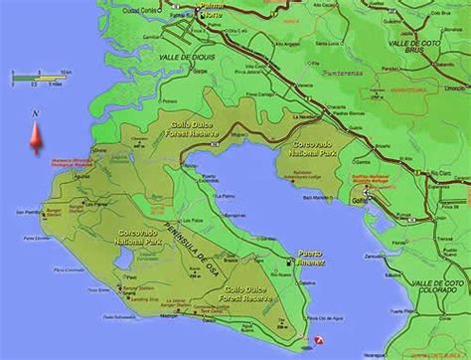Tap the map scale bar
coord(38,75)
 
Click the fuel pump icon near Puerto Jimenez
coord(289,263)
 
